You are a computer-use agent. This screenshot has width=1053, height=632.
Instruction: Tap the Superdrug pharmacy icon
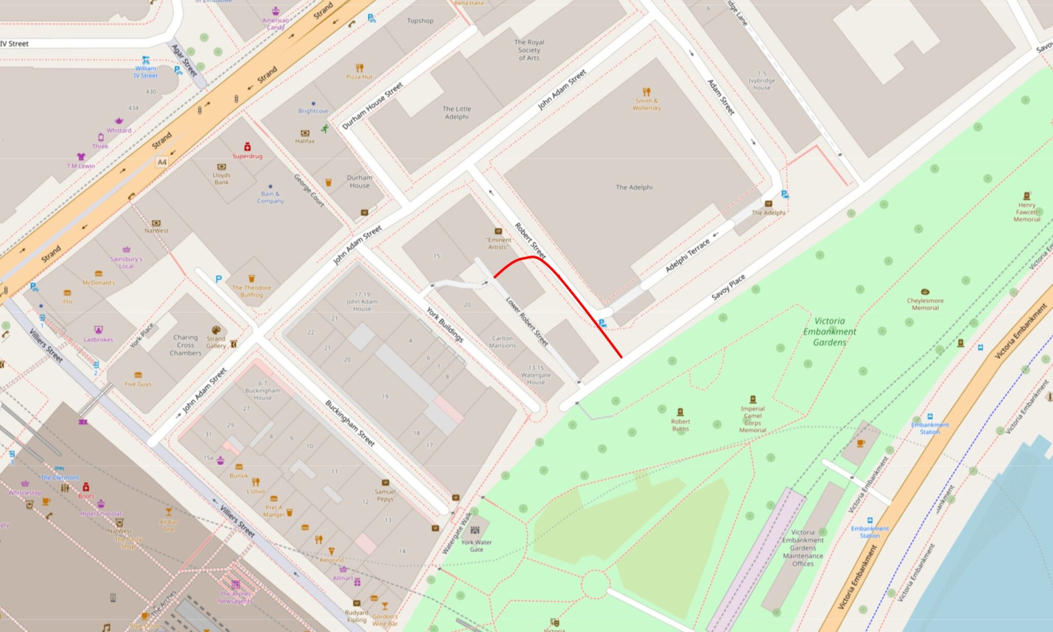click(x=247, y=147)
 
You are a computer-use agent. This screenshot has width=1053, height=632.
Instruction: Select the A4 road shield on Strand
click(x=162, y=162)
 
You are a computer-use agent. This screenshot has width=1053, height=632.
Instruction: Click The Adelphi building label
click(x=634, y=188)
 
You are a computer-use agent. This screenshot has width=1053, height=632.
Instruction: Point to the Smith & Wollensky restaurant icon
click(x=646, y=92)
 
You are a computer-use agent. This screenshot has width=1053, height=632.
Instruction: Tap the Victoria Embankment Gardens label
click(x=829, y=331)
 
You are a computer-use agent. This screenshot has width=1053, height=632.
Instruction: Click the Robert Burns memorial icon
click(x=680, y=412)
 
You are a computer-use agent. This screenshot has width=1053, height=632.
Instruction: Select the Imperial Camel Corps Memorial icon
click(x=753, y=399)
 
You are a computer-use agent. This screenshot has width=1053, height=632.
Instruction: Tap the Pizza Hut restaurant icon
click(x=359, y=68)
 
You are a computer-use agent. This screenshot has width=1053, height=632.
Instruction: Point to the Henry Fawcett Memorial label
click(x=1026, y=212)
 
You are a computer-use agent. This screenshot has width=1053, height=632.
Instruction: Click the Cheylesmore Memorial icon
click(x=925, y=292)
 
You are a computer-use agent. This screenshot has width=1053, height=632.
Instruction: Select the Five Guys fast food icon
click(x=138, y=375)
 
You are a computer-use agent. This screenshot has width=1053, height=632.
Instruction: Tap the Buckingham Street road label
click(x=350, y=423)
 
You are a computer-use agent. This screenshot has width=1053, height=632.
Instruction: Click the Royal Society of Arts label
click(x=529, y=50)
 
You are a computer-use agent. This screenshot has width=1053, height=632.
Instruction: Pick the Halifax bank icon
click(x=305, y=133)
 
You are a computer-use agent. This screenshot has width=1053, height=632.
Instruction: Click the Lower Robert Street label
click(x=527, y=321)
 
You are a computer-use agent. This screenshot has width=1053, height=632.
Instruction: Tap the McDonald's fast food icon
click(x=98, y=274)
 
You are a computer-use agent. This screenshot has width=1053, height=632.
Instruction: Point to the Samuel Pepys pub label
click(x=385, y=495)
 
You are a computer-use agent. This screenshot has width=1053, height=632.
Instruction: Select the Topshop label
click(x=420, y=21)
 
